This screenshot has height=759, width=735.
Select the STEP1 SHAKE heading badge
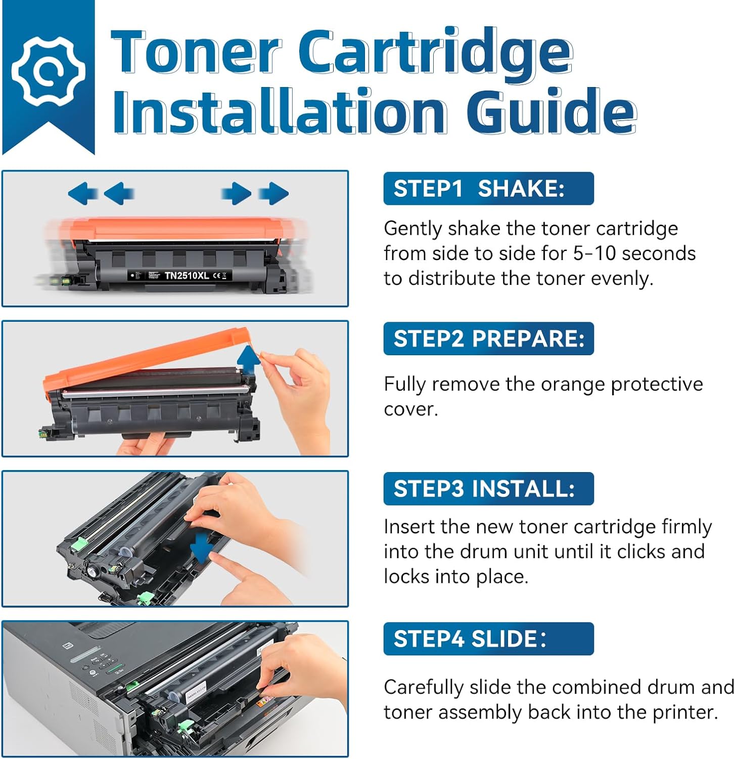(488, 189)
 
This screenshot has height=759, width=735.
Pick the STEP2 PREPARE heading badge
(488, 339)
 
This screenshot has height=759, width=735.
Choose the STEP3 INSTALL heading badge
(488, 489)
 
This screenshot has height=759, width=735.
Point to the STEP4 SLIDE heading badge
(488, 639)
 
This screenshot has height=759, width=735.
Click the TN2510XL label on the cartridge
(187, 276)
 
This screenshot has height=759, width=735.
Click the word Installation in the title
(279, 110)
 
